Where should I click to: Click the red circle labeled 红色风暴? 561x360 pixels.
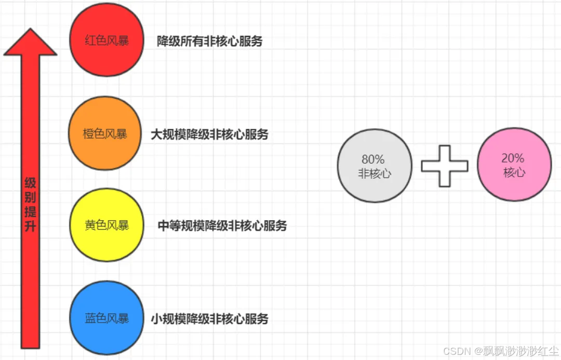tap(106, 41)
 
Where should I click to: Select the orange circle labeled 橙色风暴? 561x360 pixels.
tap(104, 134)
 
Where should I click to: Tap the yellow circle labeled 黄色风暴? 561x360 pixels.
tap(106, 225)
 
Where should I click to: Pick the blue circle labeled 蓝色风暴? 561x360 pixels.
tap(106, 317)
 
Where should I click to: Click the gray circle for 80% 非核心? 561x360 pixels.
tap(374, 166)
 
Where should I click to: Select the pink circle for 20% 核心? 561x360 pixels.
tap(514, 164)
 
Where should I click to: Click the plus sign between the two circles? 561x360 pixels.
tap(444, 166)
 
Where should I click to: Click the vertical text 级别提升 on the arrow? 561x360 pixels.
tap(30, 205)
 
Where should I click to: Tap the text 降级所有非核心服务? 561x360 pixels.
tap(210, 42)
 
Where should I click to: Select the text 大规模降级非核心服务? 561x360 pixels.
tap(210, 135)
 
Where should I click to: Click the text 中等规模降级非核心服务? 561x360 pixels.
tap(222, 226)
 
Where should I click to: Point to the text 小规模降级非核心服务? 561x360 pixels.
tap(210, 318)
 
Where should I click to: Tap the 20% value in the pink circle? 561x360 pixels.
tap(513, 158)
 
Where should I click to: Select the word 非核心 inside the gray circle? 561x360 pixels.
tap(374, 174)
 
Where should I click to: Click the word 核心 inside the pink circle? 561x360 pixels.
tap(514, 172)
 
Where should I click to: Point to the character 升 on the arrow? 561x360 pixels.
tap(30, 226)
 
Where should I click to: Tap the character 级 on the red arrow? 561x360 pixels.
tap(30, 183)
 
